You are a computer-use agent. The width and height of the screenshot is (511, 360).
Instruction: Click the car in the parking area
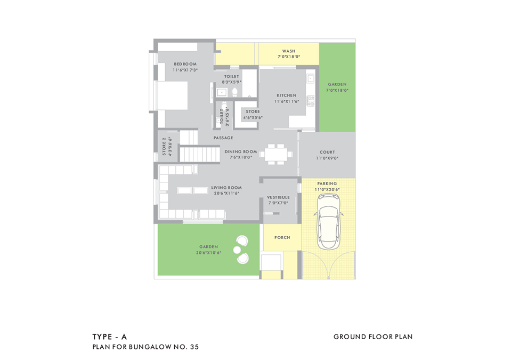coord(328,221)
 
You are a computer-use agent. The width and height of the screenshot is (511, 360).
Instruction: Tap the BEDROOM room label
coord(185,64)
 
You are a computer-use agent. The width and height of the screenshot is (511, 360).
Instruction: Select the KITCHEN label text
coord(287,95)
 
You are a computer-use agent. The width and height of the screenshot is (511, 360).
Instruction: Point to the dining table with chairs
coord(276,154)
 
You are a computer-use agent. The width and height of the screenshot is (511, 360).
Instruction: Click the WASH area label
coord(289,51)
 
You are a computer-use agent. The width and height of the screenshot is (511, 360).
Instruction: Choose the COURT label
coord(327,153)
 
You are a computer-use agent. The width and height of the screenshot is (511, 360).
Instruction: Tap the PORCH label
coord(282,238)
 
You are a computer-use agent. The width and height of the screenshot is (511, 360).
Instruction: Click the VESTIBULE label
coord(278,198)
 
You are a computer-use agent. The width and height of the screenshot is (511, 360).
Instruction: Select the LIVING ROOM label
coord(226,188)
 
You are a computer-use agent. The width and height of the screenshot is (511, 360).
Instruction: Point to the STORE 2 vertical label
coord(164,147)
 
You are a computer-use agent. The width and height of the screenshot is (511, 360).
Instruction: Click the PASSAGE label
coord(223,138)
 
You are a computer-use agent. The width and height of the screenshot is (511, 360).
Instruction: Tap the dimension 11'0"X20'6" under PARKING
coord(327,189)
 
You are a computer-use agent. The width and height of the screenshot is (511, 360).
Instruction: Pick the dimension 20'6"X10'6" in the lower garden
coord(208,253)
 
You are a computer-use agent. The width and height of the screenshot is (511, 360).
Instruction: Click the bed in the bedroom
coord(173,95)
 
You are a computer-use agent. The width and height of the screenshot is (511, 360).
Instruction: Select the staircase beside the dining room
coord(199,146)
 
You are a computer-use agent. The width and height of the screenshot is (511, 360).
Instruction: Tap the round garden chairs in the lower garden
coord(241,250)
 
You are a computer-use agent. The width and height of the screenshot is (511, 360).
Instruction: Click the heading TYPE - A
coord(110,337)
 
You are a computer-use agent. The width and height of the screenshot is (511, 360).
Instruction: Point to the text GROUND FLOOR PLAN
coord(373,337)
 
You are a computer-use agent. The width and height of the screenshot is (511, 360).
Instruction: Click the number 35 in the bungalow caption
coord(194,347)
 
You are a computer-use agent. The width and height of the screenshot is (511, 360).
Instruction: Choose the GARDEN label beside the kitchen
coord(337,84)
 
